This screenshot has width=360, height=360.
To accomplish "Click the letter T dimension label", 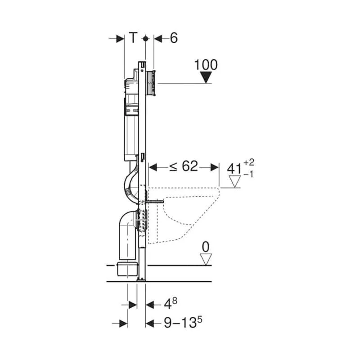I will coord(133,39).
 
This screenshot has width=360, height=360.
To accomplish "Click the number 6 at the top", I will coord(173,39).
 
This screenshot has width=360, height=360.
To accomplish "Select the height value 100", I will coord(206,64).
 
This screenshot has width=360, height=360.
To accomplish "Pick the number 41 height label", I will coord(234,169).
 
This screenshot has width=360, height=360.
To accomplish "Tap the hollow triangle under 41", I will coord(234,181).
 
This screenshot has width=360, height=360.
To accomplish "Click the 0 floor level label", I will coord(206,247).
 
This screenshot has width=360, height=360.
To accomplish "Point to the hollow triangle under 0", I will coord(206,259).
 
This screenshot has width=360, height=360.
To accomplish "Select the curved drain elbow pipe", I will coord(127,234).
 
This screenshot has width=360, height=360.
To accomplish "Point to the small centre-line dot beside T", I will coord(145,39).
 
